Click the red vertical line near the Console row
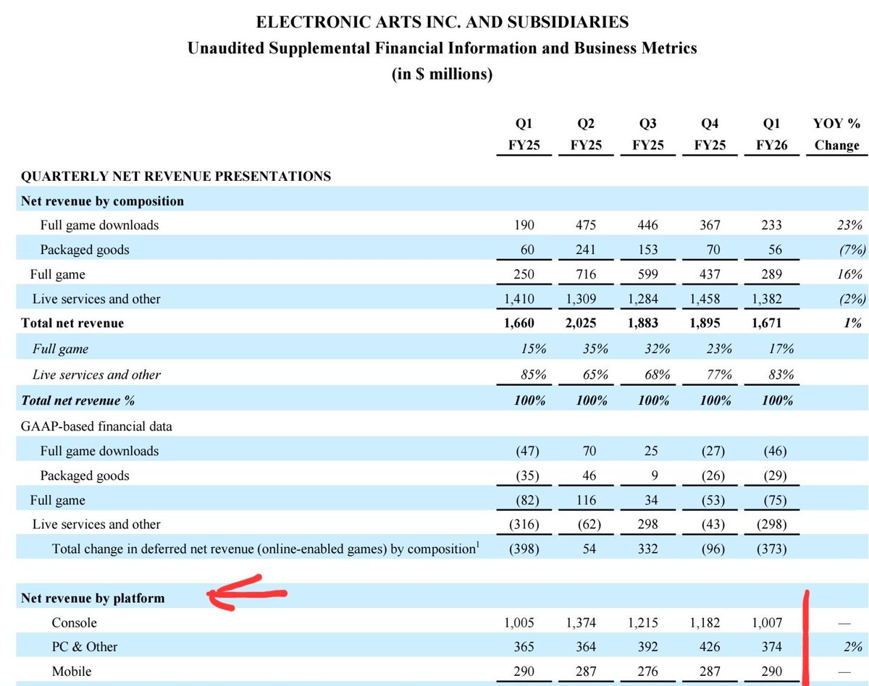(805, 637)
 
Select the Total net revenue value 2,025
(587, 323)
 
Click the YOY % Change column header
(836, 134)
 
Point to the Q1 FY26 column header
(772, 134)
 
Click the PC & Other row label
(85, 647)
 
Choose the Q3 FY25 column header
(648, 134)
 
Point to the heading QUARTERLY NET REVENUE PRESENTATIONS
(176, 176)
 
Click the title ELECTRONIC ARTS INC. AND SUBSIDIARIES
(442, 22)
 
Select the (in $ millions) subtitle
(442, 75)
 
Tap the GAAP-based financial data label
(97, 426)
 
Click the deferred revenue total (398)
(526, 549)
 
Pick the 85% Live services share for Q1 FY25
(532, 375)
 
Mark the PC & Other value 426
(710, 647)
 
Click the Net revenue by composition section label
(103, 201)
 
